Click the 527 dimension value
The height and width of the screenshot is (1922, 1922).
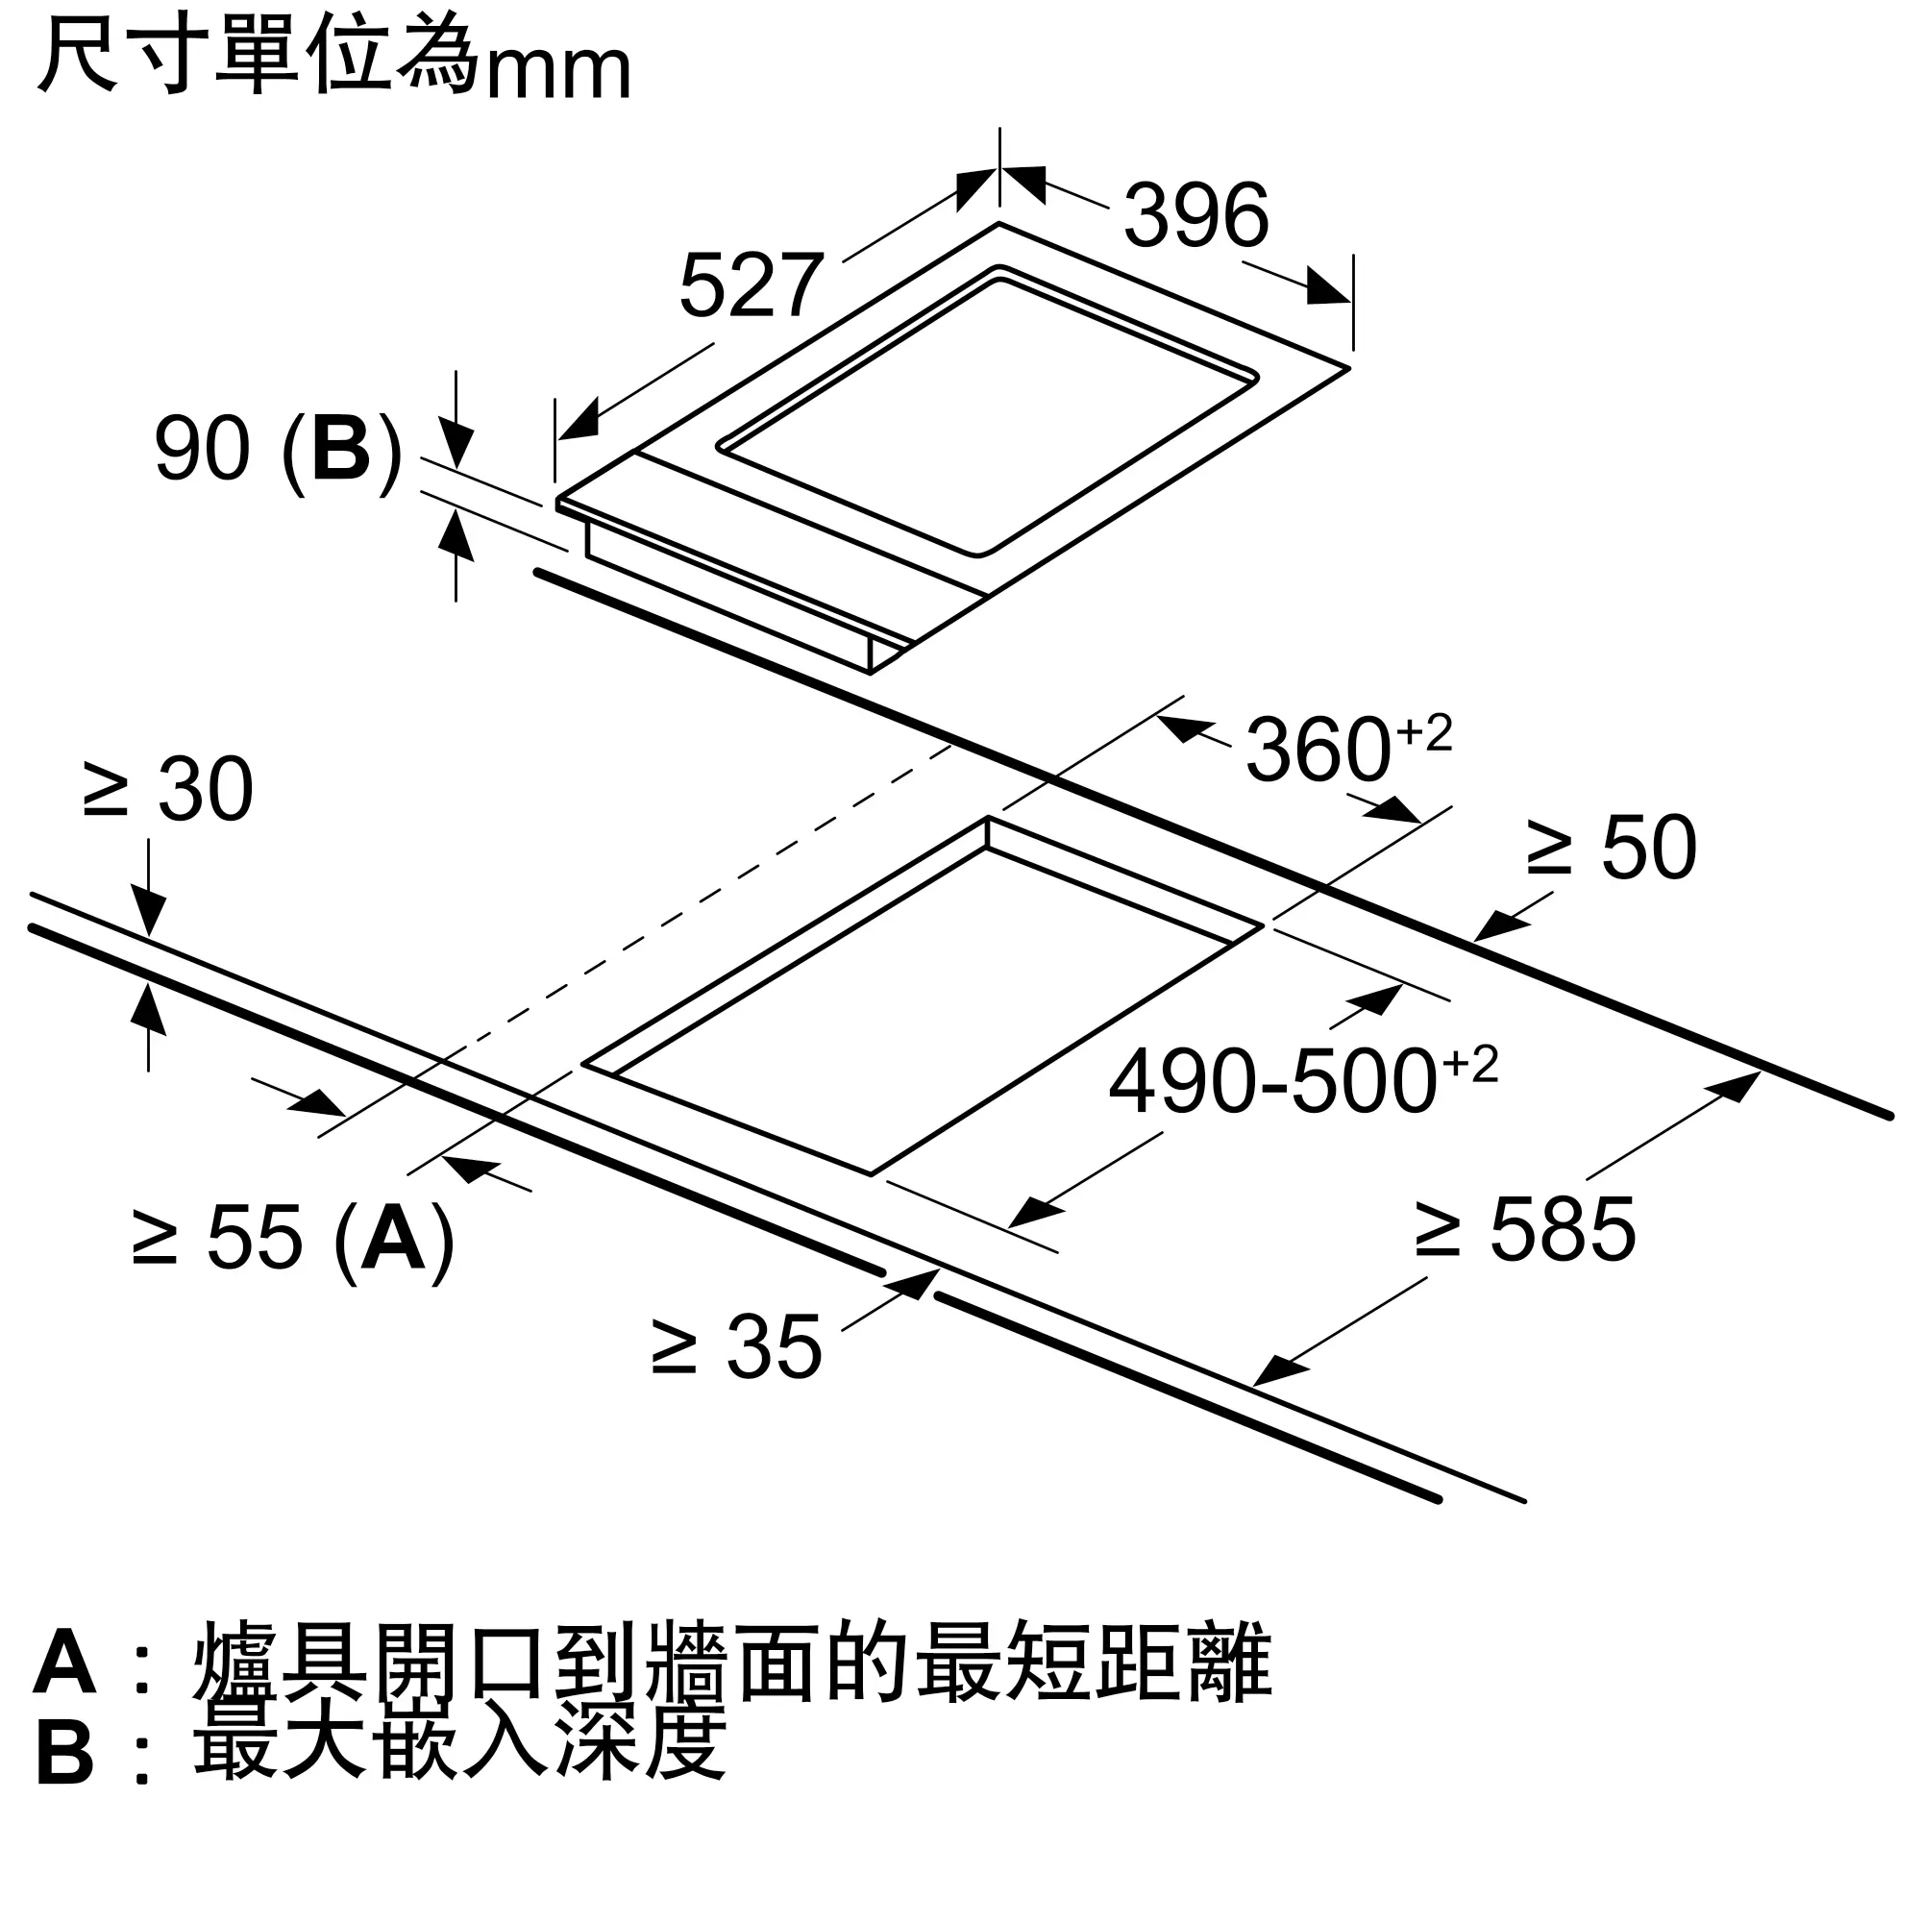(x=752, y=285)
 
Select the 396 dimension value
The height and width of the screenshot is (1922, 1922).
(x=1195, y=215)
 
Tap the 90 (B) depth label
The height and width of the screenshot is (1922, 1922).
(x=278, y=450)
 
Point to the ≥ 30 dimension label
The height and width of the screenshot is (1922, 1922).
(x=168, y=790)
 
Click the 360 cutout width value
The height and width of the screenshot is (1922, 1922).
(x=1318, y=751)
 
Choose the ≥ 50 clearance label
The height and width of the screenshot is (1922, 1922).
(x=1612, y=848)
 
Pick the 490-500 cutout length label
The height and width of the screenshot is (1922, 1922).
(x=1273, y=1082)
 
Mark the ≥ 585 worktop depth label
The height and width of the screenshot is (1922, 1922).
(x=1525, y=1231)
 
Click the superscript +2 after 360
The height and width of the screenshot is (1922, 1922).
(x=1424, y=734)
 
